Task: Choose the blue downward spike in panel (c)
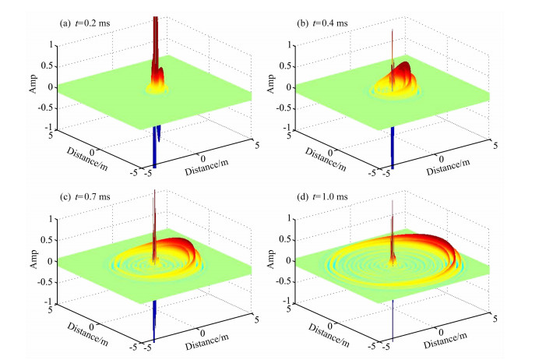pos(154,321)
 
